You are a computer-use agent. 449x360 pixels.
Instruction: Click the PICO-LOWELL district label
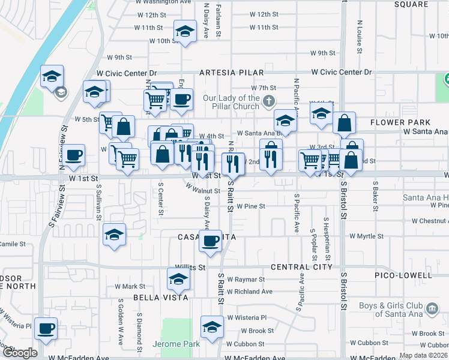tap(405, 275)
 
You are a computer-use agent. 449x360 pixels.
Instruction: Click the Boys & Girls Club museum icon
tap(431, 310)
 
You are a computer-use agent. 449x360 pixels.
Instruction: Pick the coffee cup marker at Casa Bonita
tap(210, 241)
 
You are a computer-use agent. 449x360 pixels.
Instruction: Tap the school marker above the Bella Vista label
tap(179, 279)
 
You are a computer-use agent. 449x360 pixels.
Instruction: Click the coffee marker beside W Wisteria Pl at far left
tap(46, 328)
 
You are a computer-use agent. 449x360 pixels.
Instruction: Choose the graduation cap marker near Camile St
tap(114, 235)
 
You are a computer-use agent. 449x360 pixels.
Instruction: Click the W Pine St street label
tap(250, 206)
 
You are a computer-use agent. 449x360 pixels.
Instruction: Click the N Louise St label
tap(359, 36)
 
